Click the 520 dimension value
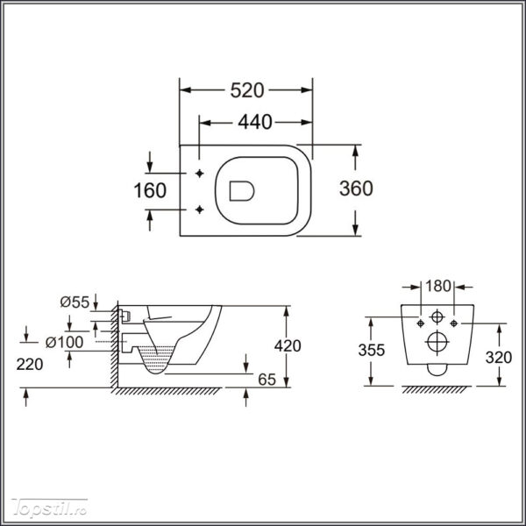247,90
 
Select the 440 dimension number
255,122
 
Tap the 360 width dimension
356,188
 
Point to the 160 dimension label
150,190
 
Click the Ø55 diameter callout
75,302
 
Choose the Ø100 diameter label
64,342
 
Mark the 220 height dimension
30,365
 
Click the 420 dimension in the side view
288,346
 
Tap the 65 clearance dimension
267,380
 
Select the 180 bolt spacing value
437,286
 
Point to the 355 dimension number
371,350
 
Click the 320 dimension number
499,358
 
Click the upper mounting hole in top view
200,174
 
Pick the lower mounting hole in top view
200,210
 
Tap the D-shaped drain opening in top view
242,191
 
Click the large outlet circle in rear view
437,343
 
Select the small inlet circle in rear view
437,316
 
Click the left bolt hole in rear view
420,323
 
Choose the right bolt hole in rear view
454,323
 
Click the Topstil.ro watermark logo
49,508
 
